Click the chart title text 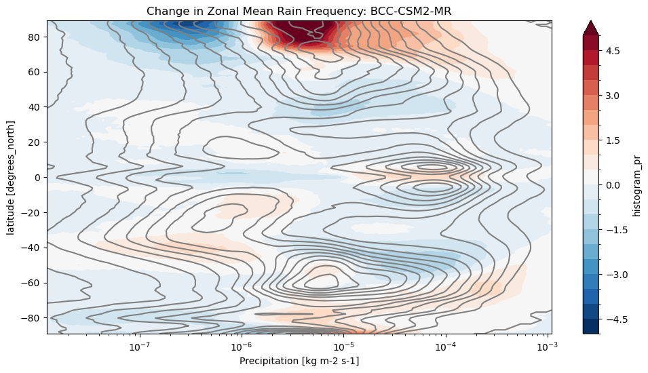click(x=299, y=11)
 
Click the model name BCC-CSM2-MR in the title click(x=420, y=11)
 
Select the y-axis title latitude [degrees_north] click(x=11, y=177)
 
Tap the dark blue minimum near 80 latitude click(x=173, y=24)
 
